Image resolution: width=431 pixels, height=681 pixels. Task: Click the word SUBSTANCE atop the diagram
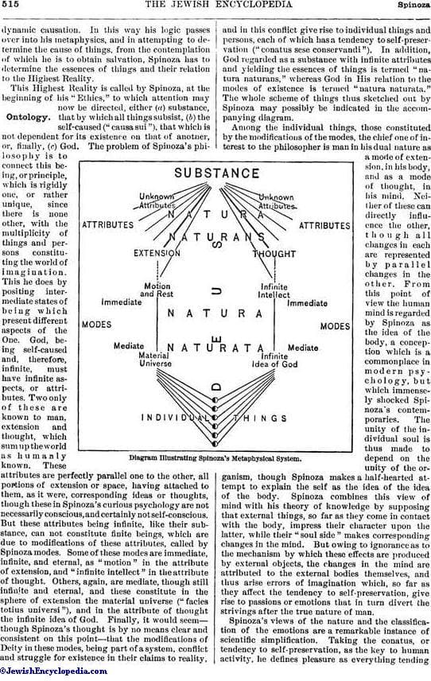click(216, 173)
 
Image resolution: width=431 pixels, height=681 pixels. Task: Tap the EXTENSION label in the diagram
click(157, 253)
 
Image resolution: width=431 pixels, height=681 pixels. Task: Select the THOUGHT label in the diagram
click(275, 254)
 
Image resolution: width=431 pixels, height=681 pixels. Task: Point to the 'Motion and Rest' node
click(157, 290)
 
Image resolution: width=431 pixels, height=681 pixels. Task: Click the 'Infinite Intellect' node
click(274, 291)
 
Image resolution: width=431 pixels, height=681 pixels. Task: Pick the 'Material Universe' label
click(155, 359)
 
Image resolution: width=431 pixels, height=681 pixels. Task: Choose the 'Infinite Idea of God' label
click(275, 360)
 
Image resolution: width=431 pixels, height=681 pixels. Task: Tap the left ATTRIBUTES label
click(107, 225)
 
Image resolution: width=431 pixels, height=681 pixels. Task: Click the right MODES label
click(335, 326)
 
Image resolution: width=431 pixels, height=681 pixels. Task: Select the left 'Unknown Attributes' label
click(157, 200)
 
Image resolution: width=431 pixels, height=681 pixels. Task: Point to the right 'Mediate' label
click(303, 348)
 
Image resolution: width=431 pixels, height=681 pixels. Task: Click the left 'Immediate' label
click(122, 302)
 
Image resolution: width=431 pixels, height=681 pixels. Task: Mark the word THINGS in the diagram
click(260, 418)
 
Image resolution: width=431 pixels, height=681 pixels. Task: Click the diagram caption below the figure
click(215, 458)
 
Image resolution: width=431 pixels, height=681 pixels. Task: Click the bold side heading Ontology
click(27, 117)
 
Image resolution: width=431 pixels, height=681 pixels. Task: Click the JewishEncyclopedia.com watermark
click(54, 671)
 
